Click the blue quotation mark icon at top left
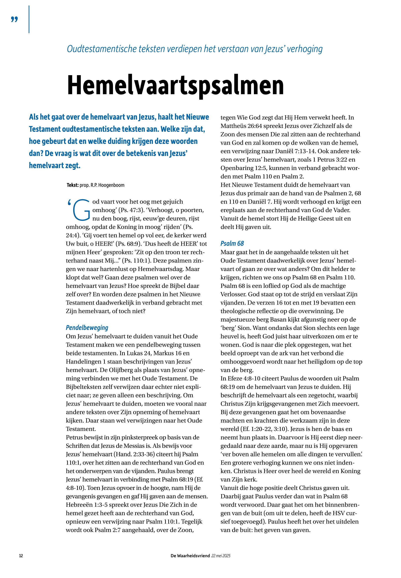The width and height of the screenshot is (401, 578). click(15, 19)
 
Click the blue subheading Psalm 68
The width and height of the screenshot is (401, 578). click(232, 243)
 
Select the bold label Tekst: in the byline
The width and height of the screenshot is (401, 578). click(72, 185)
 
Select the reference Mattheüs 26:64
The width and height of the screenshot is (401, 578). click(241, 126)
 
